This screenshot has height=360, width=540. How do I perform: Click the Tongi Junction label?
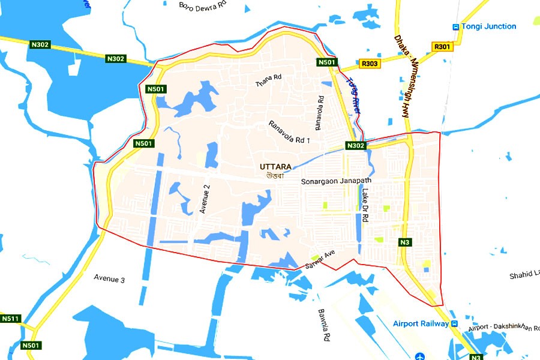[488, 26]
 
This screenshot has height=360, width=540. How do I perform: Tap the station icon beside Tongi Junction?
[456, 26]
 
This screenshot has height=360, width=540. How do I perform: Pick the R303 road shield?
[370, 63]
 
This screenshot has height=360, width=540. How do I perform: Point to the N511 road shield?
[10, 319]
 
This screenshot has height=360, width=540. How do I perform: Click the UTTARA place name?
[275, 167]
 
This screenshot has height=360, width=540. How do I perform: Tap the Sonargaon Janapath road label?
[336, 181]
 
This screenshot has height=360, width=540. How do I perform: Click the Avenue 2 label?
[205, 199]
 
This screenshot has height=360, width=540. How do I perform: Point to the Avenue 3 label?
[109, 278]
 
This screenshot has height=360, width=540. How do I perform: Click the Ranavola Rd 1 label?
[289, 131]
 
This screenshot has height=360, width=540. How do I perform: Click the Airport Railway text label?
[421, 324]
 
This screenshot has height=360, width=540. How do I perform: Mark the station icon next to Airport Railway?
[455, 324]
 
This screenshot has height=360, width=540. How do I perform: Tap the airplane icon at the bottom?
[419, 355]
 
